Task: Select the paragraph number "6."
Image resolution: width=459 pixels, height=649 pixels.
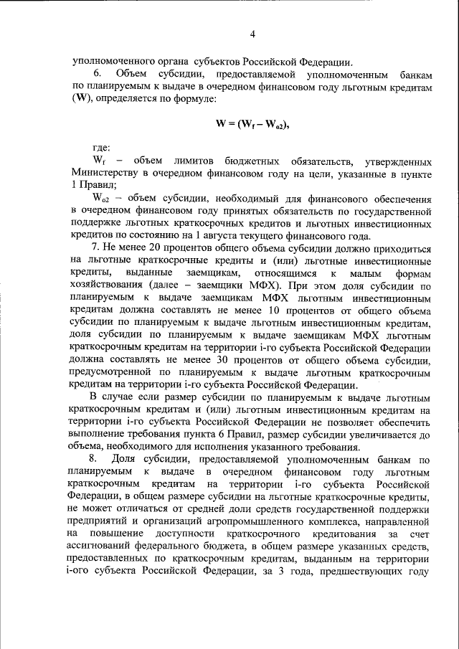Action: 99,74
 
